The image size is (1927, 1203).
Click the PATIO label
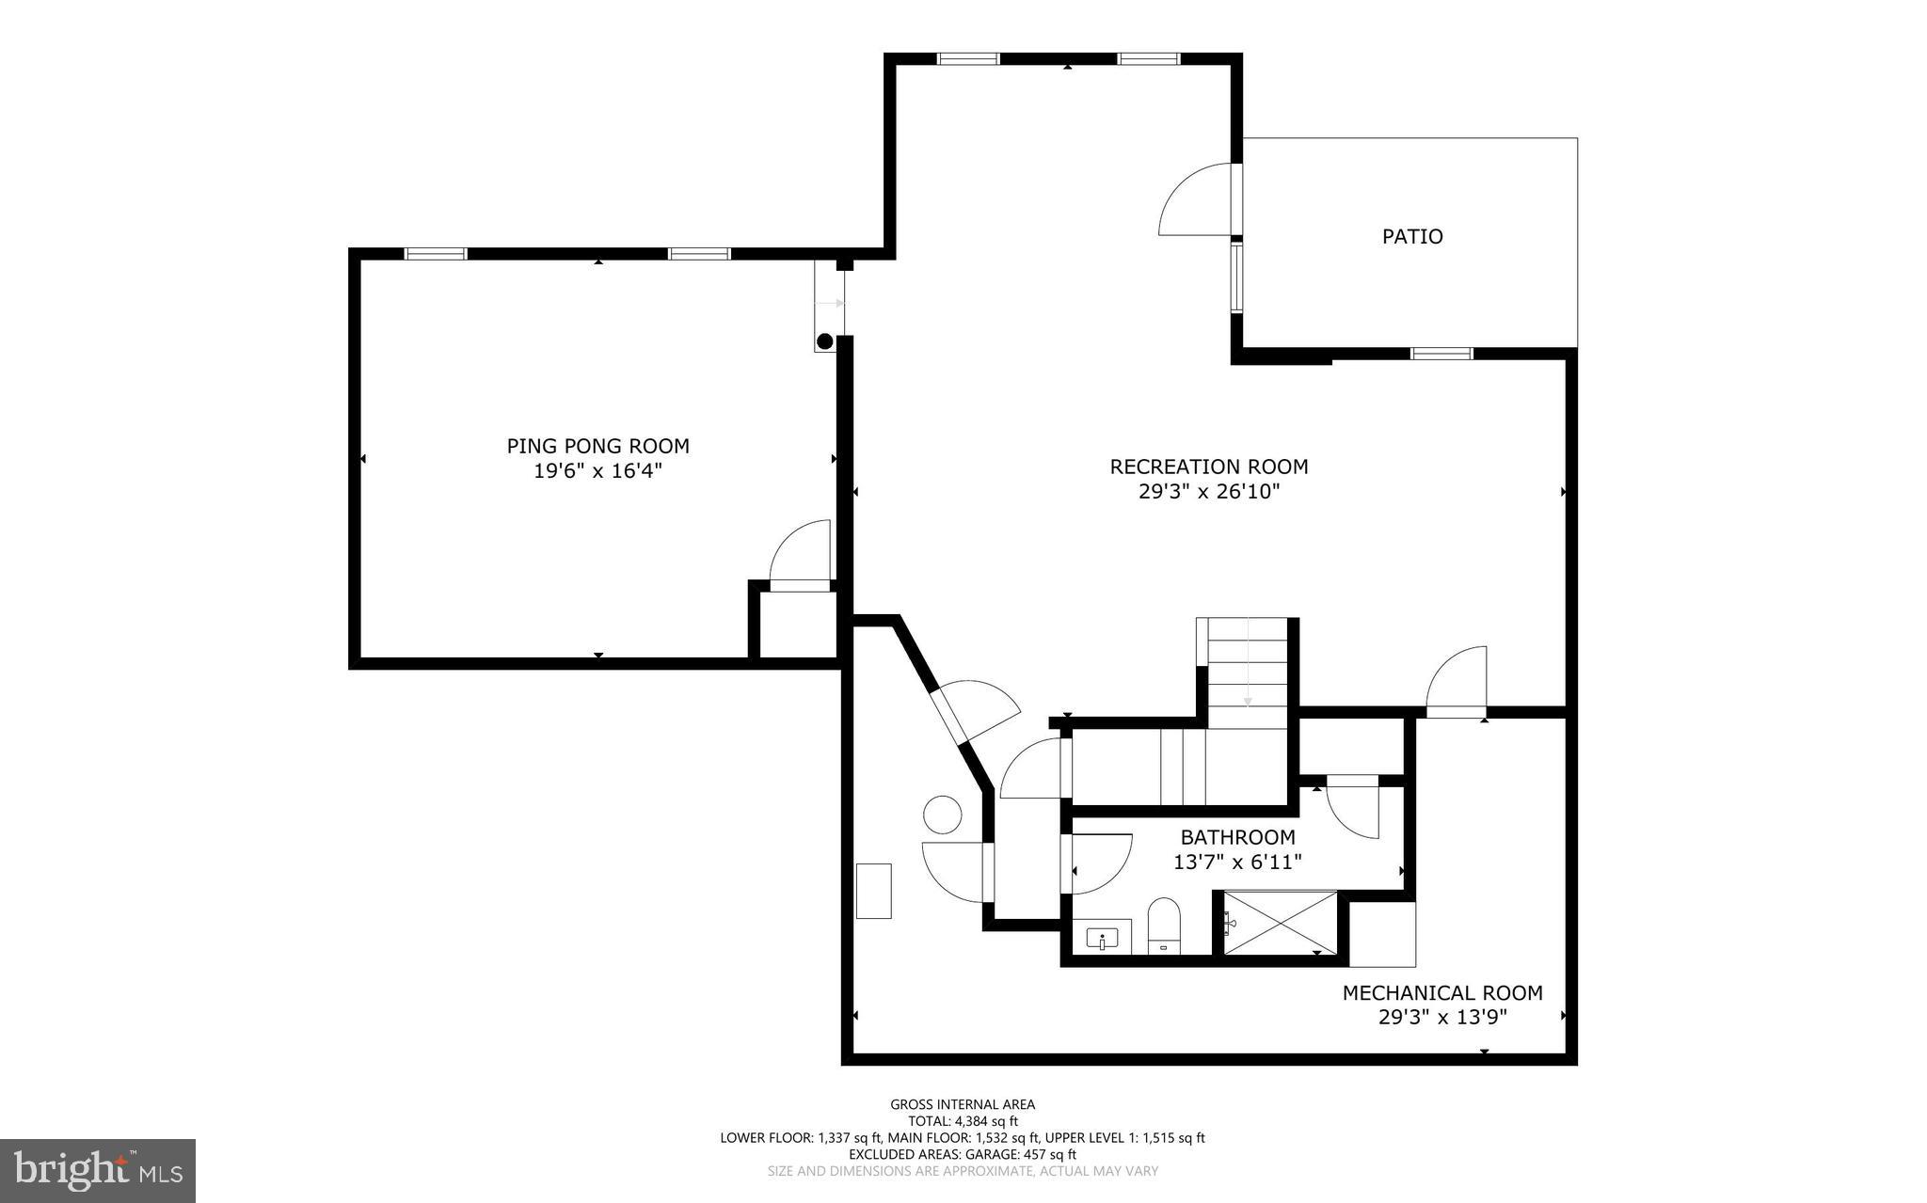tap(1411, 236)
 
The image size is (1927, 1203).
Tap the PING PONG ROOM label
tap(597, 446)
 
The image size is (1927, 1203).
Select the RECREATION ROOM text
tap(1208, 467)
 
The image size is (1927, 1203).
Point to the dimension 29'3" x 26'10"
tap(1208, 492)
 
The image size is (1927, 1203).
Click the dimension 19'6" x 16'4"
tap(597, 471)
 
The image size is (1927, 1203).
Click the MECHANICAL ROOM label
tap(1441, 992)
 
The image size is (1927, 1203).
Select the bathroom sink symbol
tap(1102, 939)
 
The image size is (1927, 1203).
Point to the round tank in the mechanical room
tap(942, 814)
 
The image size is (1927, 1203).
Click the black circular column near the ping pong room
tap(825, 341)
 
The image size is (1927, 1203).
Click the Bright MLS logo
tap(98, 1170)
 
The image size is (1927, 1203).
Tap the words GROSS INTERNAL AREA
tap(963, 1104)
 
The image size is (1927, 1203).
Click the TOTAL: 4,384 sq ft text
tap(963, 1121)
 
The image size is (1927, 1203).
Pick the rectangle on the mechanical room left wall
tap(873, 891)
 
